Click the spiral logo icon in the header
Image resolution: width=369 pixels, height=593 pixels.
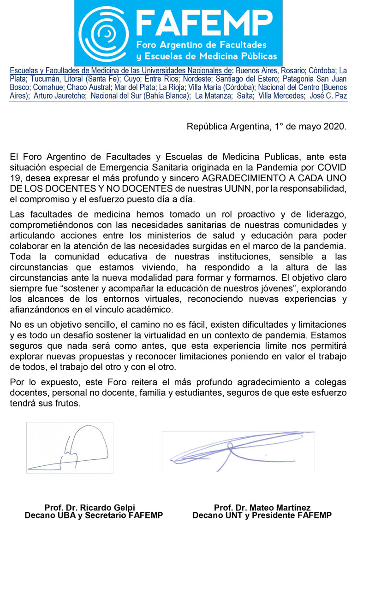104,33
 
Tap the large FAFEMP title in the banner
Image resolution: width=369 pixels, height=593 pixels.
206,23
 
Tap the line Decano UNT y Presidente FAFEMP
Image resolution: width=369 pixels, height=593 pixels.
262,516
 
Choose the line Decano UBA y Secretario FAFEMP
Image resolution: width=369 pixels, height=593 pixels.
94,516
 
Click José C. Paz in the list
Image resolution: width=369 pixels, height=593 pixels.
330,95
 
